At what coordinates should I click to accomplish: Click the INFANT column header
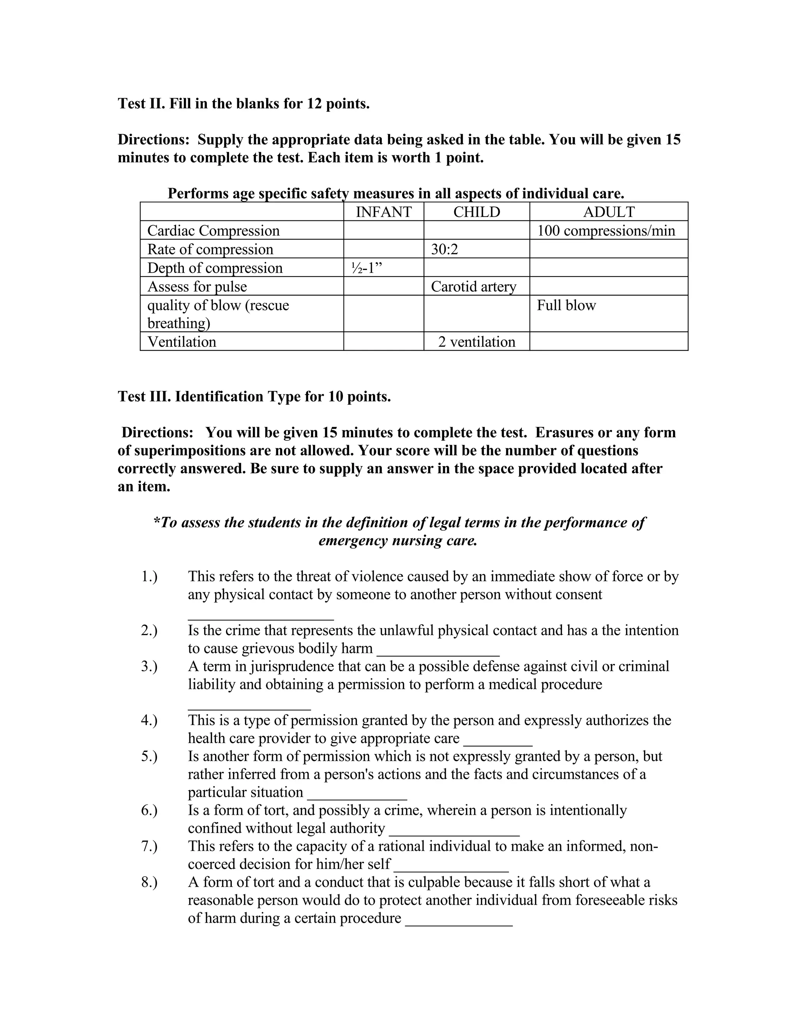[383, 212]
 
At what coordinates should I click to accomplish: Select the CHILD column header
[477, 212]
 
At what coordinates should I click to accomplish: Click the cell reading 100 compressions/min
[606, 231]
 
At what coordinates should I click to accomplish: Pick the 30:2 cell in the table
[444, 249]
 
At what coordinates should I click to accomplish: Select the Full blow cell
[566, 305]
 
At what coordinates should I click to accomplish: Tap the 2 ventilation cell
[477, 342]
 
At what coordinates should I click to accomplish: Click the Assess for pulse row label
[197, 286]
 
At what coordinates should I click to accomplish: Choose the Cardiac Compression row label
[213, 231]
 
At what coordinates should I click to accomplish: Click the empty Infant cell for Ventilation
[383, 342]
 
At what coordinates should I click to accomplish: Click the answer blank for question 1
[261, 616]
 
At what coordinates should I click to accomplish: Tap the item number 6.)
[149, 810]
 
